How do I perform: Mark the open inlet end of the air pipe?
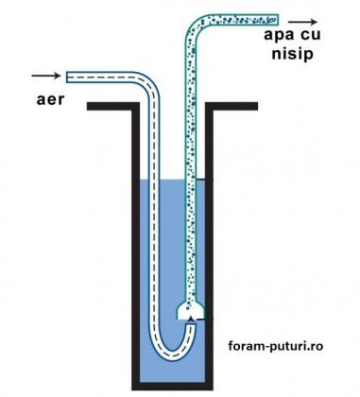point(68,75)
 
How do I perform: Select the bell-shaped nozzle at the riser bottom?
point(192,307)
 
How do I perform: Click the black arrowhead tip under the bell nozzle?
point(192,319)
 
